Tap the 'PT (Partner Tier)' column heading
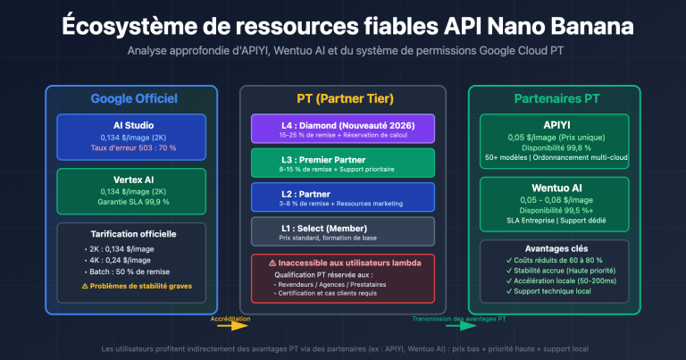[x=343, y=98]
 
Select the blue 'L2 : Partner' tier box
[x=343, y=197]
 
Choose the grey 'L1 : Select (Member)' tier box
[x=343, y=231]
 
